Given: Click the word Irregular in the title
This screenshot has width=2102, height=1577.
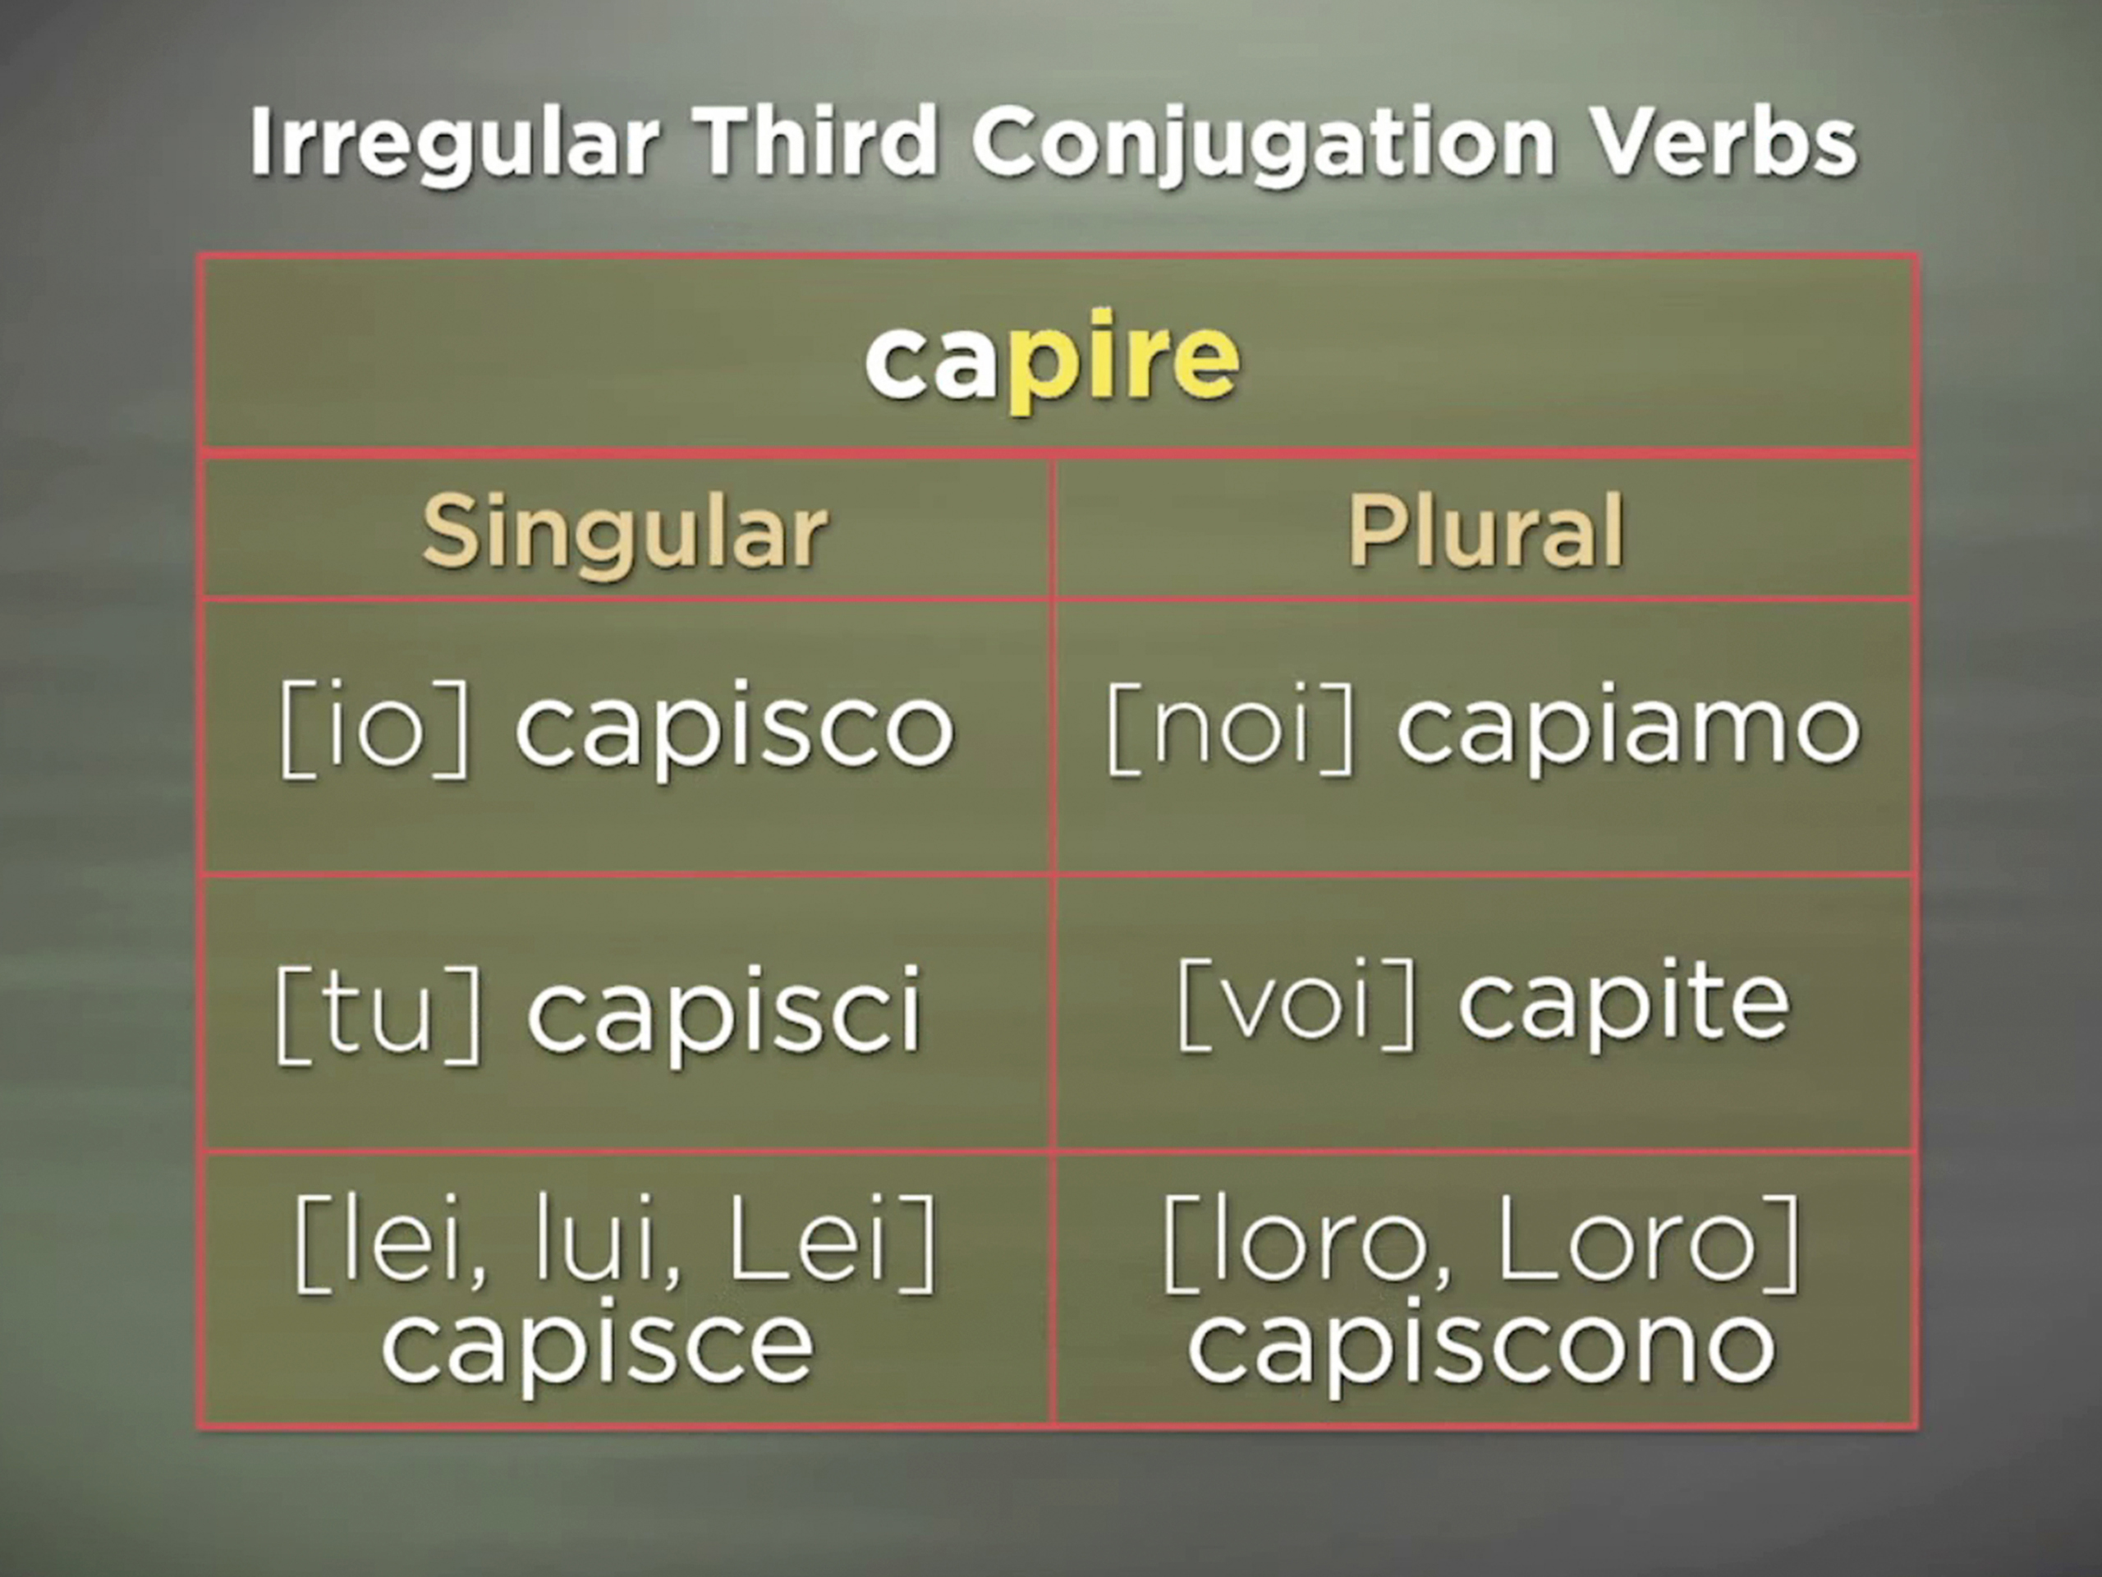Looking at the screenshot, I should tap(454, 143).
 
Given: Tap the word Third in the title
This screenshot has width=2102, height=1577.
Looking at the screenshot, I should tap(815, 143).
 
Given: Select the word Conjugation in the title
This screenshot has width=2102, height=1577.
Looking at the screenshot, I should tap(1263, 143).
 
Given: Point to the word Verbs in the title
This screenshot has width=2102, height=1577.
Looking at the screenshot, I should tap(1723, 143).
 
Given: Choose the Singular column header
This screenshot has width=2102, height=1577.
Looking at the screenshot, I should tap(624, 531).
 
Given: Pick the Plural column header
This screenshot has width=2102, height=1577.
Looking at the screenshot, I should tap(1485, 531).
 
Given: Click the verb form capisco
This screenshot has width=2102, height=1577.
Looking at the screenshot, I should tap(733, 730).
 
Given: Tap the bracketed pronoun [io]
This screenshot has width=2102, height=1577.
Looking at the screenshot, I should tap(375, 730).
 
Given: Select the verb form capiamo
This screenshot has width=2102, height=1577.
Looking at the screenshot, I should tap(1627, 730).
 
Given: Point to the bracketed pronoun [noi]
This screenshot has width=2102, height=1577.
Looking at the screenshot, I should tap(1232, 730).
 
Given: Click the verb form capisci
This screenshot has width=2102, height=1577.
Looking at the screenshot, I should tap(724, 1010).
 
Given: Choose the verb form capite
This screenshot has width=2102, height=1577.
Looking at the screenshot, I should tap(1624, 1005).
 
